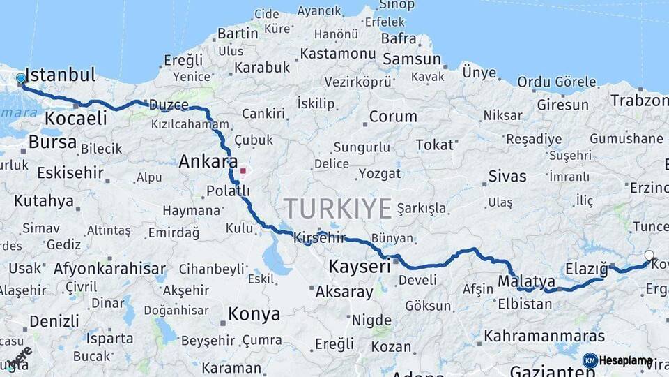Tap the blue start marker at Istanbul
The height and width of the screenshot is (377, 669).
pyautogui.click(x=21, y=79)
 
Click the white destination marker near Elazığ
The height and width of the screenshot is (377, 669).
pyautogui.click(x=649, y=256)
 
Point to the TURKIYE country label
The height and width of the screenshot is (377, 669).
pyautogui.click(x=338, y=208)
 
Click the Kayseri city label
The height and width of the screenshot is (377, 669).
pyautogui.click(x=359, y=266)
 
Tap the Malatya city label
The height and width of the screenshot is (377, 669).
pyautogui.click(x=526, y=281)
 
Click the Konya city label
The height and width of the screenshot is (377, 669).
pyautogui.click(x=254, y=314)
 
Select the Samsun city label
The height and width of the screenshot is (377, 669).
pyautogui.click(x=412, y=59)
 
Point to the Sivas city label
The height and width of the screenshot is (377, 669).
pyautogui.click(x=507, y=176)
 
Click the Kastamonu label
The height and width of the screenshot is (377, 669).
pyautogui.click(x=338, y=54)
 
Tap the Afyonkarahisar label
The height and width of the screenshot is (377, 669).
pyautogui.click(x=109, y=269)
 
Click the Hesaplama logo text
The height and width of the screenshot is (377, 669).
pyautogui.click(x=626, y=360)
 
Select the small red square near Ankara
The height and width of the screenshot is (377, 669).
pyautogui.click(x=243, y=170)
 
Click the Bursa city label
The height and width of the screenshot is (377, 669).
pyautogui.click(x=52, y=142)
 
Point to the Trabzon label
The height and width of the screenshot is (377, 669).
pyautogui.click(x=639, y=101)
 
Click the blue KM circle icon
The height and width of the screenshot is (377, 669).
pyautogui.click(x=590, y=360)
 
